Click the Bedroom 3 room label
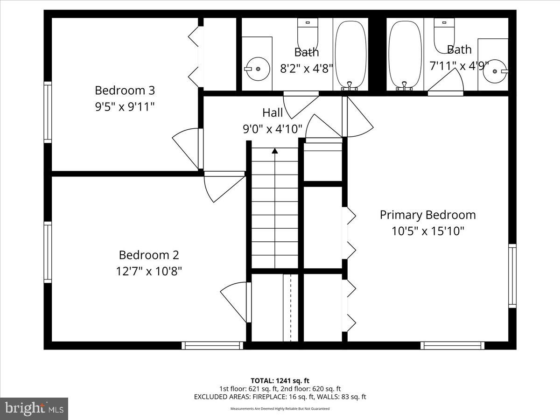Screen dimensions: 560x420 (x=125, y=90)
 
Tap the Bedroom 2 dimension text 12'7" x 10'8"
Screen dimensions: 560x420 (x=149, y=271)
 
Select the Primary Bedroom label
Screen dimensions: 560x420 (x=427, y=215)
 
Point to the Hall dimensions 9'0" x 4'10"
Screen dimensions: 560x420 (x=273, y=128)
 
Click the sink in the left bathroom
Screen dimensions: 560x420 (x=257, y=69)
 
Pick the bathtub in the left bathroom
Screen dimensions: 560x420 (x=351, y=54)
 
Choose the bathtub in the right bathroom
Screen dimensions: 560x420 (x=405, y=54)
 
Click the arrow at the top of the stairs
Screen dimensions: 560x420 (x=275, y=151)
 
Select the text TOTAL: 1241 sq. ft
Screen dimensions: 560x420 (x=280, y=381)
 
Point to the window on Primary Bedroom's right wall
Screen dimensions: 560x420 (x=512, y=275)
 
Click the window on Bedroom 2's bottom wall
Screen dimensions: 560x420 (x=212, y=345)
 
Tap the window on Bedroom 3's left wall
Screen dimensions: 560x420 (x=48, y=112)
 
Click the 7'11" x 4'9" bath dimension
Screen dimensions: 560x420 (x=459, y=66)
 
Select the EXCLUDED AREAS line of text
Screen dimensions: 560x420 (x=280, y=397)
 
